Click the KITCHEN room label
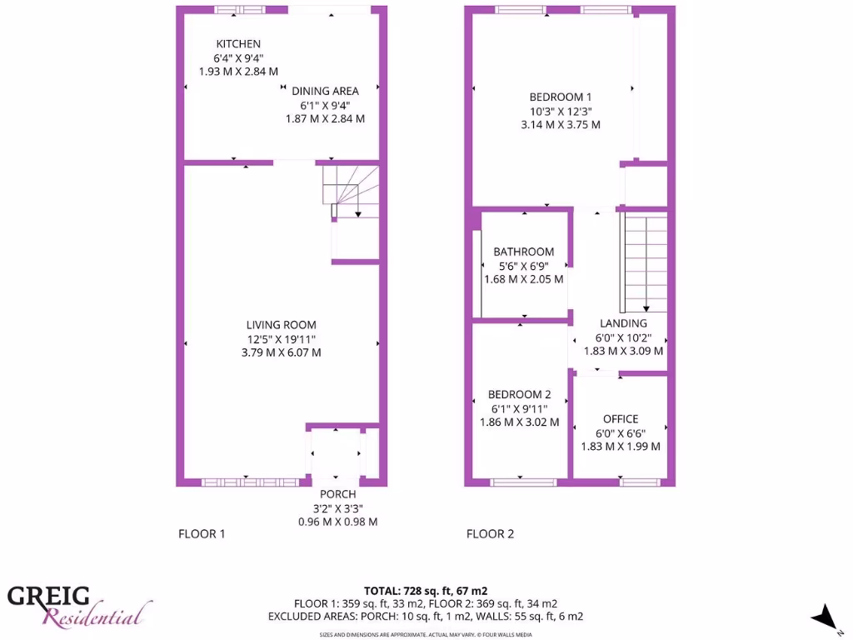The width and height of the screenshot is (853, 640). point(238,44)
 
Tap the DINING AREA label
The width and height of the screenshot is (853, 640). point(325,91)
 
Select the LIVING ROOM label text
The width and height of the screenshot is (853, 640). point(281,325)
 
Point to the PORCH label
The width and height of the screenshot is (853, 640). point(337,494)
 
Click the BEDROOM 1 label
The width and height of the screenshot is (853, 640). point(560,97)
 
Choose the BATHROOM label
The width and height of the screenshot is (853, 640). point(523,252)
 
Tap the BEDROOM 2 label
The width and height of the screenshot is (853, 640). point(519,394)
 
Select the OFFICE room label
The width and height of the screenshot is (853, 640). point(621,419)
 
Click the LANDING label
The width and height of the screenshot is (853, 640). point(623,323)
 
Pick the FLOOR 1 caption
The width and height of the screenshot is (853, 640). point(202,534)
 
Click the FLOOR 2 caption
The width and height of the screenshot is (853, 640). point(490,534)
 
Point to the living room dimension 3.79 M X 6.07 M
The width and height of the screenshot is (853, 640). point(281,352)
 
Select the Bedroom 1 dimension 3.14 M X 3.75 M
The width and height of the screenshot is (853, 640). point(560,125)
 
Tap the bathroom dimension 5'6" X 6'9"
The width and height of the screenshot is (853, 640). point(523,266)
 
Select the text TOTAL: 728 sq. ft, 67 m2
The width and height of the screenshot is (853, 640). point(426,591)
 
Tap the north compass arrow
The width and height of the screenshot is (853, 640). point(826,616)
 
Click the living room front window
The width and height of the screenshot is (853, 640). point(250,482)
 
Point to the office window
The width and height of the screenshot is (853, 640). point(640,482)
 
